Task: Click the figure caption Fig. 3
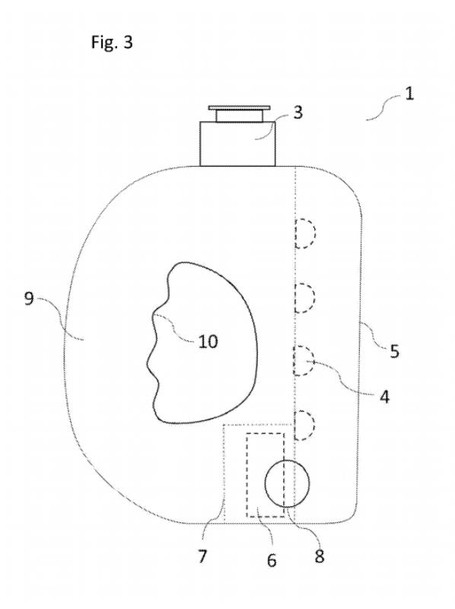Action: [x=112, y=42]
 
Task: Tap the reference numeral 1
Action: [x=409, y=94]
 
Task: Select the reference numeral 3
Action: [x=297, y=112]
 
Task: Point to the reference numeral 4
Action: [x=384, y=397]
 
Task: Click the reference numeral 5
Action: [x=394, y=351]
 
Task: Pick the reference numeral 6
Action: [x=272, y=560]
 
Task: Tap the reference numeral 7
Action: [x=202, y=556]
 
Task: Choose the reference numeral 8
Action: [x=319, y=556]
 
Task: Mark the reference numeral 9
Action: [x=29, y=298]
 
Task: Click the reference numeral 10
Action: [x=208, y=341]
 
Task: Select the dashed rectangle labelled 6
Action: [x=246, y=474]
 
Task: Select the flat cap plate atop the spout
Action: [x=239, y=107]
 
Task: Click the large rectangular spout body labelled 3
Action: [x=237, y=144]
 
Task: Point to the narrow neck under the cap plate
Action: [x=239, y=116]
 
